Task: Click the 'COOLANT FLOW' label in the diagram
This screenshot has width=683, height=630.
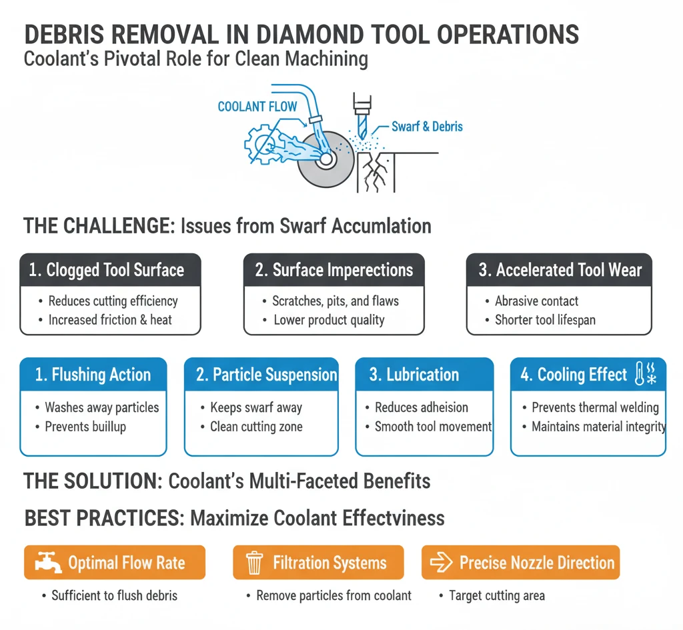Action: click(x=257, y=107)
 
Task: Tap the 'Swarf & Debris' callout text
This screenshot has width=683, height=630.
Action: click(x=427, y=126)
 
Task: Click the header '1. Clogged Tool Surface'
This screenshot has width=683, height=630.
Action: click(x=110, y=270)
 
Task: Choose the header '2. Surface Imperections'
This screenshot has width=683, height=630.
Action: click(x=333, y=270)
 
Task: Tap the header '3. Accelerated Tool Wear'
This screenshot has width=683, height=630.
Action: click(x=559, y=270)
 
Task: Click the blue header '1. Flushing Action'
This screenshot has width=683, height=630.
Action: click(x=93, y=375)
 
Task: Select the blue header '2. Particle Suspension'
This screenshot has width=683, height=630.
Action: click(x=261, y=375)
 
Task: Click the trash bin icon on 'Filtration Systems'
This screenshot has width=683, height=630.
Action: click(x=254, y=563)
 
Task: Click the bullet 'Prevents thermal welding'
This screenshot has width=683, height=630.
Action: click(x=594, y=407)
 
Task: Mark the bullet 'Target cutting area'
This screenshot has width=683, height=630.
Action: click(x=496, y=595)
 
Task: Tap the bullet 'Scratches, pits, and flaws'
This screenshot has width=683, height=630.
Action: click(x=335, y=301)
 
